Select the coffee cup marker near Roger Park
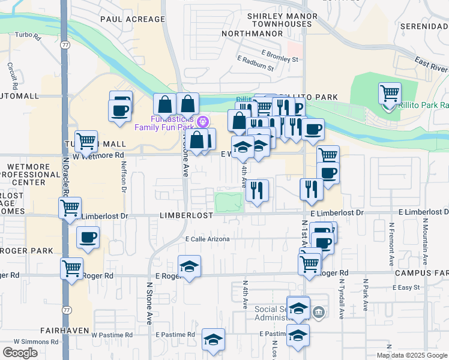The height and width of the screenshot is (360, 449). coord(88,238)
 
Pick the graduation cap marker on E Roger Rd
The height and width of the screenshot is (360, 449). coord(190,267)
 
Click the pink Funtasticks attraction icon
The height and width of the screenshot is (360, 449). coord(203,121)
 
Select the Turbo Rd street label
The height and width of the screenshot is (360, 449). coord(28,37)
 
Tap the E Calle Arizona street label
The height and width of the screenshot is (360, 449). coord(207,239)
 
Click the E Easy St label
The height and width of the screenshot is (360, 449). coord(406,288)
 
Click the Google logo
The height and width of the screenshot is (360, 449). coord(20,353)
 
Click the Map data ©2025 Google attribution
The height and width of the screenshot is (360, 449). coord(411,355)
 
